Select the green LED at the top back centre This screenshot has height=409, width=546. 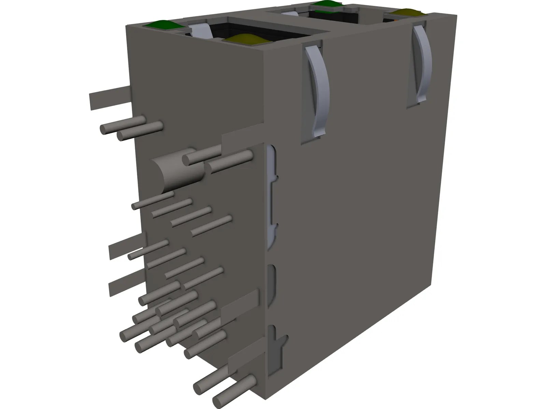click(330, 4)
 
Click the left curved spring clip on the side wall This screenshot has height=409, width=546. click(317, 92)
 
